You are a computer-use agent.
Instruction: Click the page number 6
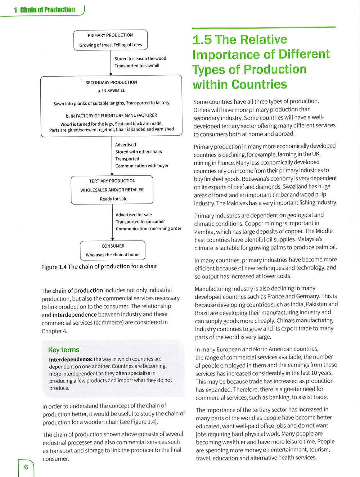[26, 467]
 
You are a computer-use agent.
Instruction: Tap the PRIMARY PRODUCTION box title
[110, 35]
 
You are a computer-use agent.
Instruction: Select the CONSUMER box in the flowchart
[113, 250]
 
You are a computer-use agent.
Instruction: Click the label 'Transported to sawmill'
[137, 66]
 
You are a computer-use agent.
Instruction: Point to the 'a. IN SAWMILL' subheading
[111, 91]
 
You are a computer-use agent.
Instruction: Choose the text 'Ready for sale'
[113, 199]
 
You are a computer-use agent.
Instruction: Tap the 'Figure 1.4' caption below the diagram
[99, 266]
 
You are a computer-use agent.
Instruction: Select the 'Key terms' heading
[64, 350]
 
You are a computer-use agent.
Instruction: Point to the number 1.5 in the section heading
[202, 40]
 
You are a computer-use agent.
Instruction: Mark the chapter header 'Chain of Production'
[48, 10]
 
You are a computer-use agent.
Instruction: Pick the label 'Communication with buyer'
[142, 166]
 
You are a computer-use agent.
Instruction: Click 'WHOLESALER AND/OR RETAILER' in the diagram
[112, 190]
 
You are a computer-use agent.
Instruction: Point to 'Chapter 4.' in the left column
[54, 331]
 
